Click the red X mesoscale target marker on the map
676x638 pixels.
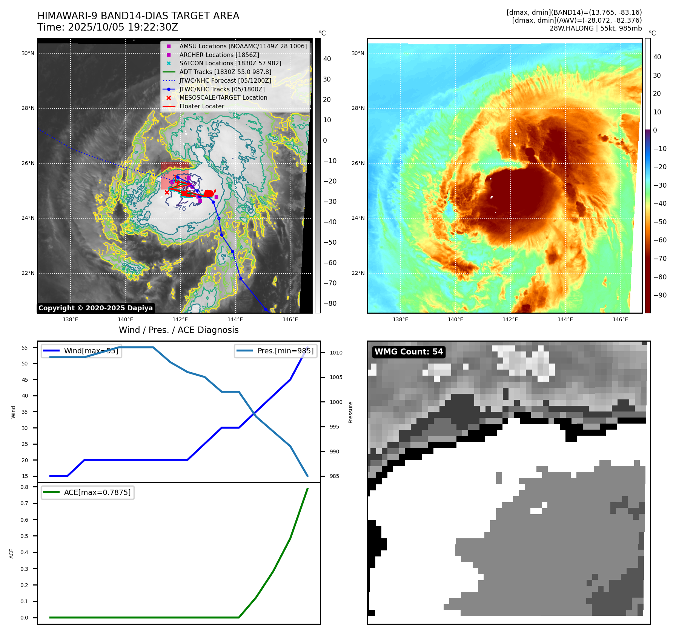pyautogui.click(x=167, y=193)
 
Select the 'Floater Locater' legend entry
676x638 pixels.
pyautogui.click(x=201, y=106)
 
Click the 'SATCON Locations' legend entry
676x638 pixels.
pyautogui.click(x=230, y=63)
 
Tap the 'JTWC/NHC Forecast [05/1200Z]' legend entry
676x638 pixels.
pyautogui.click(x=225, y=80)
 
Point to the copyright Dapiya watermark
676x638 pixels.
pyautogui.click(x=96, y=308)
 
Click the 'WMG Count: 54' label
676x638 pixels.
pyautogui.click(x=409, y=352)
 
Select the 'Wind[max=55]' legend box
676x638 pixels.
pyautogui.click(x=81, y=351)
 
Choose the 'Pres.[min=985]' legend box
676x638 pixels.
pyautogui.click(x=275, y=351)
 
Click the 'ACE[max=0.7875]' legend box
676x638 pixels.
pyautogui.click(x=88, y=493)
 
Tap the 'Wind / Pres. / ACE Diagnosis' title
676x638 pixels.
pyautogui.click(x=178, y=330)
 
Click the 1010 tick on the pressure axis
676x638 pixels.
pyautogui.click(x=336, y=353)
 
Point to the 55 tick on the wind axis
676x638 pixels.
pyautogui.click(x=25, y=348)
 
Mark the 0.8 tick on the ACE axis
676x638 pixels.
pyautogui.click(x=25, y=487)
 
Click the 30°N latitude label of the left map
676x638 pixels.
pyautogui.click(x=28, y=54)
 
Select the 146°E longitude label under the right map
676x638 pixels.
pyautogui.click(x=620, y=319)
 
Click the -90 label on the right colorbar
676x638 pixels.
pyautogui.click(x=660, y=295)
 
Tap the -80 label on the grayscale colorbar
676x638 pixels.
pyautogui.click(x=330, y=304)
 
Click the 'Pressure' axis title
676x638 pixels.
pyautogui.click(x=350, y=412)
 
